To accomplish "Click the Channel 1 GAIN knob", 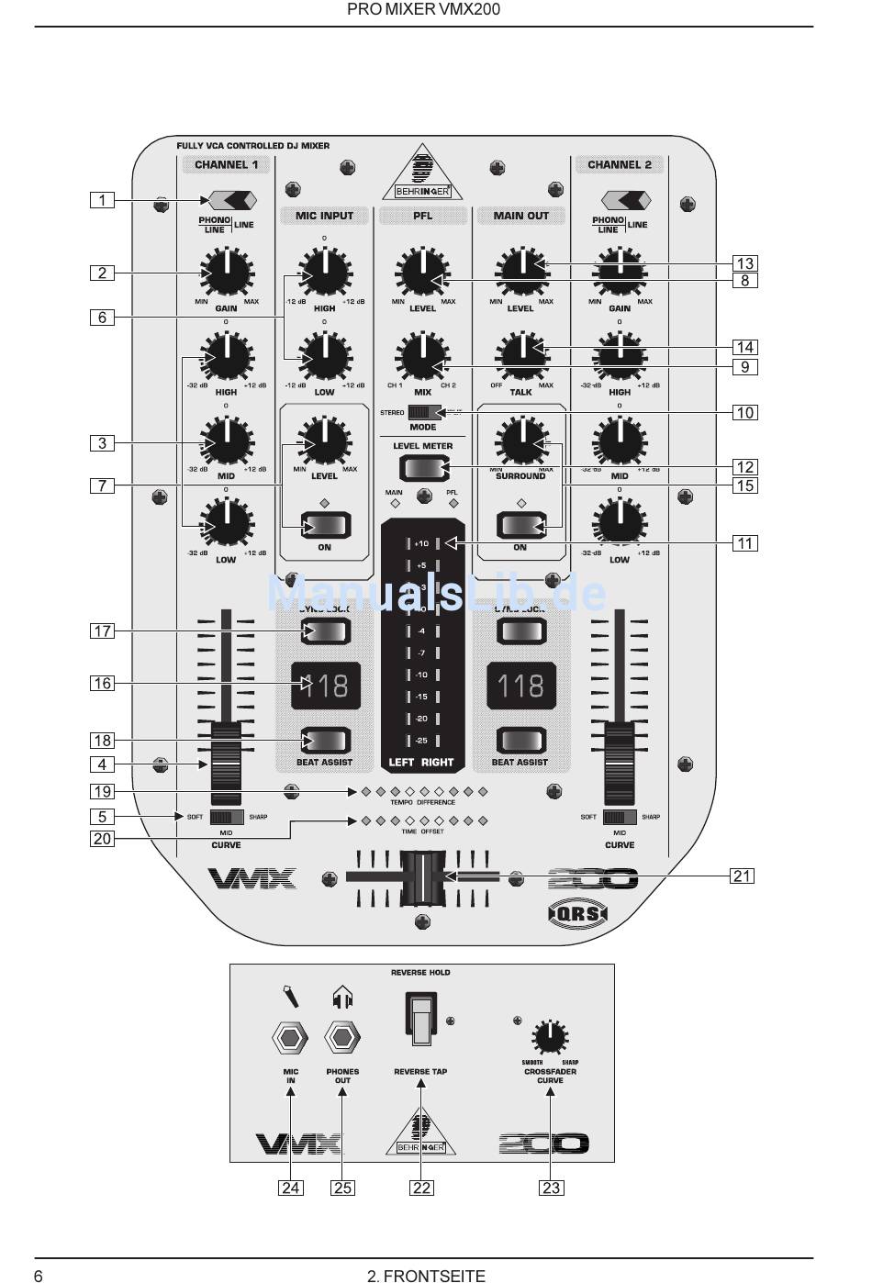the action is (226, 273).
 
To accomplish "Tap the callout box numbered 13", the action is (745, 263).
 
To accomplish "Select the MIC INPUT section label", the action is (324, 216).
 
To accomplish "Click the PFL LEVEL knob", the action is (422, 273).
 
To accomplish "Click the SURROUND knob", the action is (521, 441).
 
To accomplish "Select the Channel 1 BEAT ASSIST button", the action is (325, 740).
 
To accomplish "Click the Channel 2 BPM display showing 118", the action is (520, 686).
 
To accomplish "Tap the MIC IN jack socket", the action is (291, 1038).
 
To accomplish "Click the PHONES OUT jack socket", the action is (342, 1038).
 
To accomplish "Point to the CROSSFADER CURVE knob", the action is (550, 1037).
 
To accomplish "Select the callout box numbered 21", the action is (742, 876).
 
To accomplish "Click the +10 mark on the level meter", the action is (421, 543).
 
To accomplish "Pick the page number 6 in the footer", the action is (39, 1275).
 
